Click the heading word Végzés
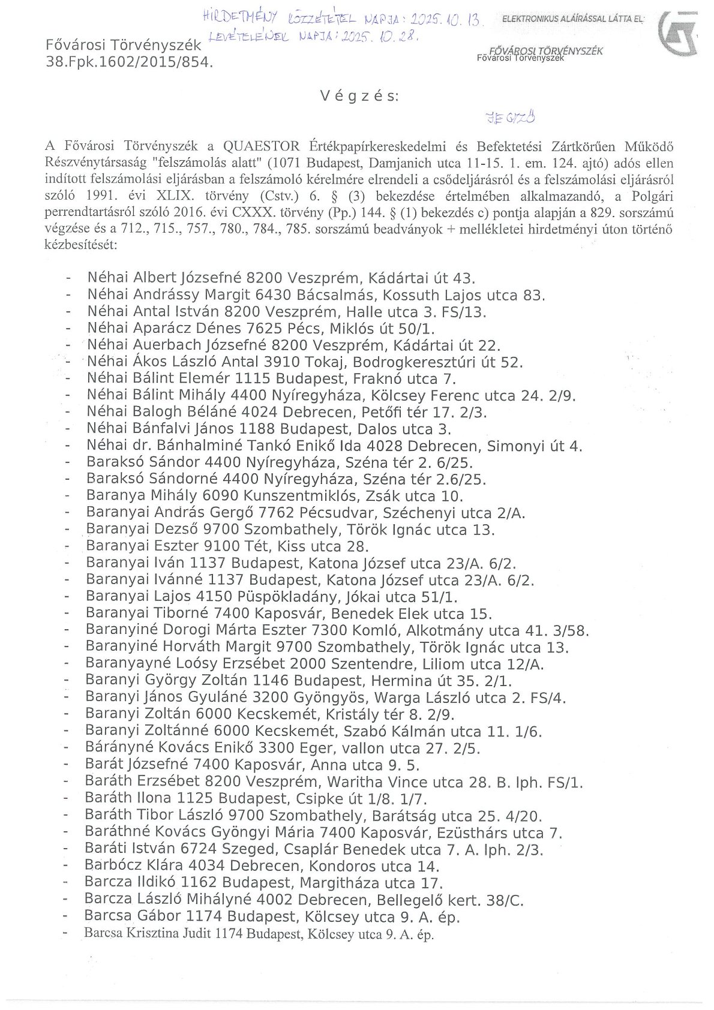(x=359, y=96)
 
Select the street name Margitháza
(x=340, y=883)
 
